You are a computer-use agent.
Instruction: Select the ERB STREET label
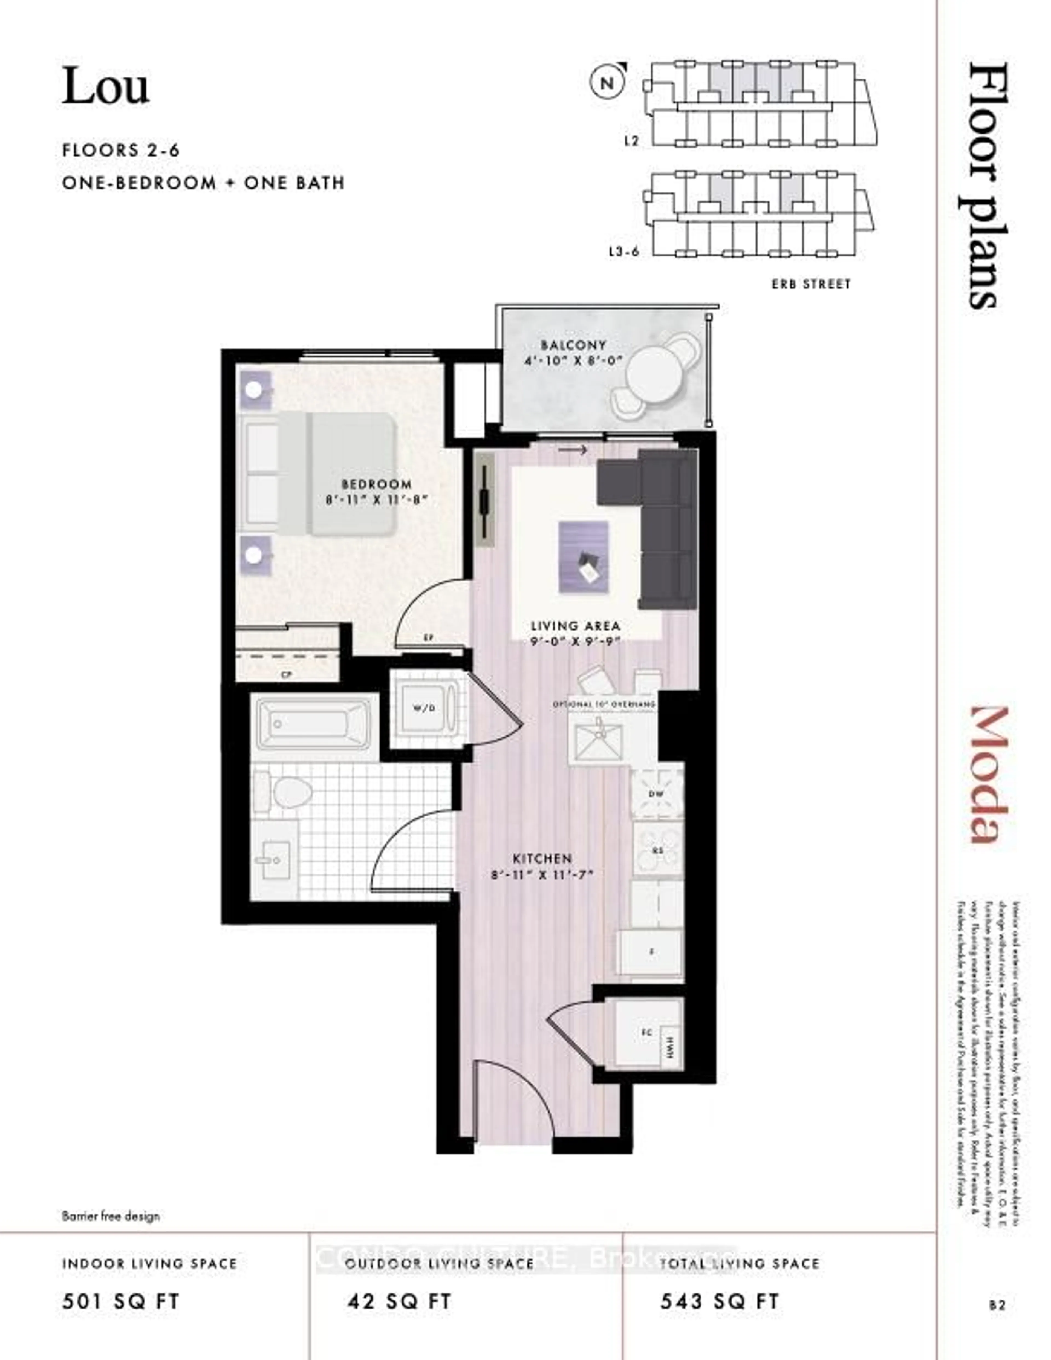(x=811, y=284)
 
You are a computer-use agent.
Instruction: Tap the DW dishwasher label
(x=656, y=793)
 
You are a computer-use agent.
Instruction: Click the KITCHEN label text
(x=542, y=858)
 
